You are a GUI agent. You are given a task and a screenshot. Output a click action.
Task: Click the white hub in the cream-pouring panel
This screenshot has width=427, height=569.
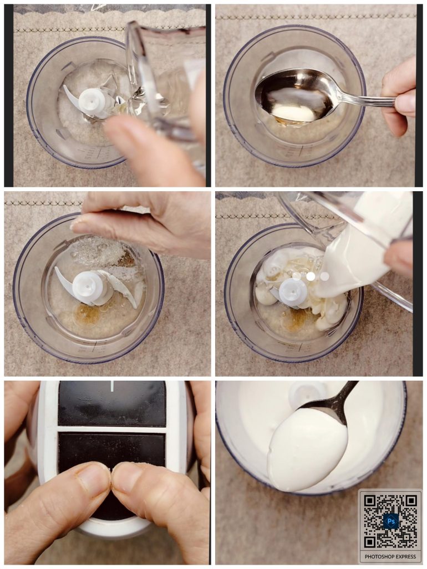(293, 292)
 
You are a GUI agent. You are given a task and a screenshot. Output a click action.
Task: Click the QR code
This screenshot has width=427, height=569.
(390, 521)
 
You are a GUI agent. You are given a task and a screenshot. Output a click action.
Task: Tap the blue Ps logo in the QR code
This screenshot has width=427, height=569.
(390, 521)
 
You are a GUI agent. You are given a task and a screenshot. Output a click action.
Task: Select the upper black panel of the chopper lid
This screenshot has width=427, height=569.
(112, 403)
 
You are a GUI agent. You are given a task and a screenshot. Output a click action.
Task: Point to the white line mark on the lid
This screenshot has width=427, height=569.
(112, 386)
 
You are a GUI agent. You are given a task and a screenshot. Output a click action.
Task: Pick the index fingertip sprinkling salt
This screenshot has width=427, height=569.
(80, 227)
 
